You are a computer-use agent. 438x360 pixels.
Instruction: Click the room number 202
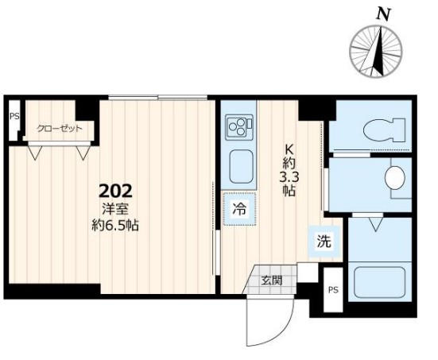coord(115,192)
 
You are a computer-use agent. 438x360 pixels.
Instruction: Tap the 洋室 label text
coord(115,210)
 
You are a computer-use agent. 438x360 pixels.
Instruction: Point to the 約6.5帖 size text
coord(115,225)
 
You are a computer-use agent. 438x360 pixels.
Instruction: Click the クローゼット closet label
coord(60,129)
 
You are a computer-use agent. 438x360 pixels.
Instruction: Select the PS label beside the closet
coord(14,116)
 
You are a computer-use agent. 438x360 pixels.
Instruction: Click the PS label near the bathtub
coord(333,290)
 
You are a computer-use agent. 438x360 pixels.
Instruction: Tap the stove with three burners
coord(240,127)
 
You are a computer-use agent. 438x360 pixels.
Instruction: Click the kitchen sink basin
coord(242,167)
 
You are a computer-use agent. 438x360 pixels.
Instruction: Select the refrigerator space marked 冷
coord(240,209)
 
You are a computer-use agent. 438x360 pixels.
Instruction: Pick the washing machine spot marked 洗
coord(324,242)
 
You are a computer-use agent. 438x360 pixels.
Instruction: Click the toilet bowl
coord(385,130)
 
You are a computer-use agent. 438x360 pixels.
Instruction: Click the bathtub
coord(380,282)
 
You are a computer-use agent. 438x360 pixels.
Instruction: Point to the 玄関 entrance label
coord(272,280)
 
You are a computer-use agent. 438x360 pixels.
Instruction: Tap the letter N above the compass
coord(383,14)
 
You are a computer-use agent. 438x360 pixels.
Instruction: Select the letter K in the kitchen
coord(289,149)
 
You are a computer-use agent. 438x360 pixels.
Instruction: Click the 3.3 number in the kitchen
coord(289,177)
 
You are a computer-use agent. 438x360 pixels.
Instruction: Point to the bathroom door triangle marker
coord(376,224)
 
